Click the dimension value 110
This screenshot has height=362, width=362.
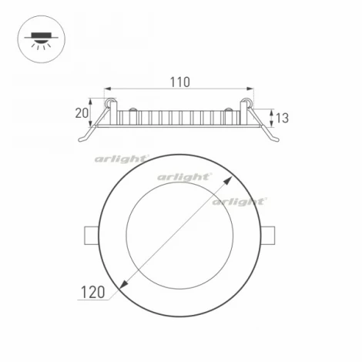click(x=180, y=81)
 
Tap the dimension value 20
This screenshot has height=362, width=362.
click(x=82, y=113)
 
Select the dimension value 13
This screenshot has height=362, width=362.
click(x=282, y=118)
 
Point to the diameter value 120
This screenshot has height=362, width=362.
click(x=91, y=292)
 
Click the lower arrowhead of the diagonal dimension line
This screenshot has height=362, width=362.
click(x=122, y=287)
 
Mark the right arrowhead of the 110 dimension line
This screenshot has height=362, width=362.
click(x=251, y=89)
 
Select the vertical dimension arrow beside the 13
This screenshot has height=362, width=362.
click(x=271, y=118)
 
